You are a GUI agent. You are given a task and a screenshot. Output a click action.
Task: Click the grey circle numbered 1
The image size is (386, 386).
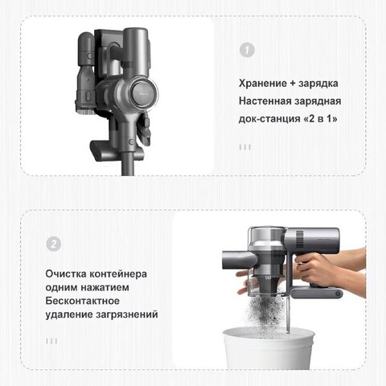pyautogui.click(x=247, y=50)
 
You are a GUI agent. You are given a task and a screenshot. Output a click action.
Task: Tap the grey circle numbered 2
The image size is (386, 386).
pyautogui.click(x=53, y=244)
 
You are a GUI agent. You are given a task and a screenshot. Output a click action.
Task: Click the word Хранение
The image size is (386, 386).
pyautogui.click(x=263, y=83)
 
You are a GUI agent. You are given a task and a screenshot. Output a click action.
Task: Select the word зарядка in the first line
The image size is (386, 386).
pyautogui.click(x=318, y=84)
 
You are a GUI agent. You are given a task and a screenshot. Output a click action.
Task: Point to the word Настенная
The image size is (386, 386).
pyautogui.click(x=265, y=101)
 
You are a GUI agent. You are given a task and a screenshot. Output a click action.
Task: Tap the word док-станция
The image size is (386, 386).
pyautogui.click(x=269, y=119)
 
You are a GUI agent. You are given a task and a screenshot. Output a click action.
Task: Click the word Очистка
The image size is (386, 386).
pyautogui.click(x=66, y=274)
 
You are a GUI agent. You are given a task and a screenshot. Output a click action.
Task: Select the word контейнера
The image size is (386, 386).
pyautogui.click(x=118, y=274)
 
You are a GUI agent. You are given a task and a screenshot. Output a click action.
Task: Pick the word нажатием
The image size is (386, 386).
pyautogui.click(x=105, y=287)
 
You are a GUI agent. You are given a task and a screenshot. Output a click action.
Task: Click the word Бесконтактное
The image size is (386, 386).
pyautogui.click(x=82, y=301)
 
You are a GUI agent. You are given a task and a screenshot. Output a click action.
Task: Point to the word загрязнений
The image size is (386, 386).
pyautogui.click(x=127, y=314)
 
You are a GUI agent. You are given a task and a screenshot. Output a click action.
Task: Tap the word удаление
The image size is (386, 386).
pyautogui.click(x=69, y=314)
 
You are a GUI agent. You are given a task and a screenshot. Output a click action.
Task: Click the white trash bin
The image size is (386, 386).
pyautogui.click(x=268, y=347)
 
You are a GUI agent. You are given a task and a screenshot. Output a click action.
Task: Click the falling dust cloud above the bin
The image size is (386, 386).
pyautogui.click(x=266, y=311)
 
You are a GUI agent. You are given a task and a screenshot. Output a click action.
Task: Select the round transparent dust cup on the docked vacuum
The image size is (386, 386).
pyautogui.click(x=144, y=92)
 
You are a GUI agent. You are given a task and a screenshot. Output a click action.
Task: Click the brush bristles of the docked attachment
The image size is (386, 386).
pyautogui.click(x=84, y=111)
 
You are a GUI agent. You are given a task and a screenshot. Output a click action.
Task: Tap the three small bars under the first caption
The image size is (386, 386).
pyautogui.click(x=245, y=147)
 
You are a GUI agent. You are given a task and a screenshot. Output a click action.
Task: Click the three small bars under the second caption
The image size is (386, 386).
pyautogui.click(x=51, y=341)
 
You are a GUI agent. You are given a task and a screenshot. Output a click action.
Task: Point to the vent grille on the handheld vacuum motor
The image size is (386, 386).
pyautogui.click(x=300, y=239)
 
